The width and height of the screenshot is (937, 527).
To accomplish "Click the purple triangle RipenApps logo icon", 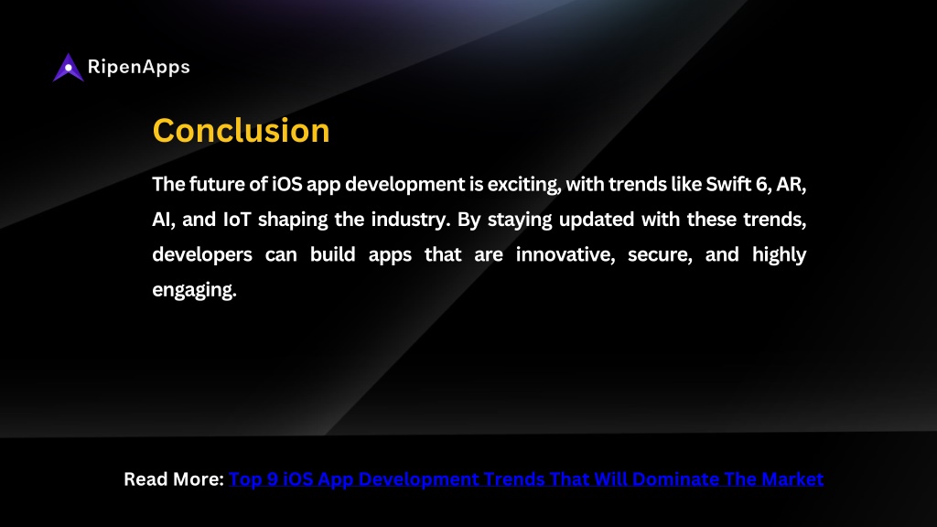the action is (x=68, y=68).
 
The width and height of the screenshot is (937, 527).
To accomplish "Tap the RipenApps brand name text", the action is (x=139, y=67).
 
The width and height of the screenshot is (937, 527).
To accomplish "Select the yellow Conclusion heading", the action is (x=241, y=130).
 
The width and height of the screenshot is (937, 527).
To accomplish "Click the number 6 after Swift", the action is (x=761, y=185).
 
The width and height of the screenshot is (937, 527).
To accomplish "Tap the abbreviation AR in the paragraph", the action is (x=791, y=185).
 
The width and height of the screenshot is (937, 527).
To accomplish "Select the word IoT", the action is (x=237, y=220).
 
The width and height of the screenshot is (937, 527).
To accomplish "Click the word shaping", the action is (x=293, y=220).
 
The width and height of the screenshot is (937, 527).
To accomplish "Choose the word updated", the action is (x=597, y=220).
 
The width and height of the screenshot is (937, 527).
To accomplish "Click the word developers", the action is (x=202, y=255).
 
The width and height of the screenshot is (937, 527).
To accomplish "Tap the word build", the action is (x=332, y=254).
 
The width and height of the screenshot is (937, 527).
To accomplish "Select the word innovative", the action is (x=565, y=255).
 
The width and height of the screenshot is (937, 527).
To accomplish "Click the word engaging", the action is (x=194, y=290).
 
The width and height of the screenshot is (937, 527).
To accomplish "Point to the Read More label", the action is (x=174, y=479).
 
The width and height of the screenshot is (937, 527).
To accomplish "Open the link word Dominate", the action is (x=675, y=479).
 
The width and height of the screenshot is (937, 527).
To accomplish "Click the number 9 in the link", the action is (x=273, y=479).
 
